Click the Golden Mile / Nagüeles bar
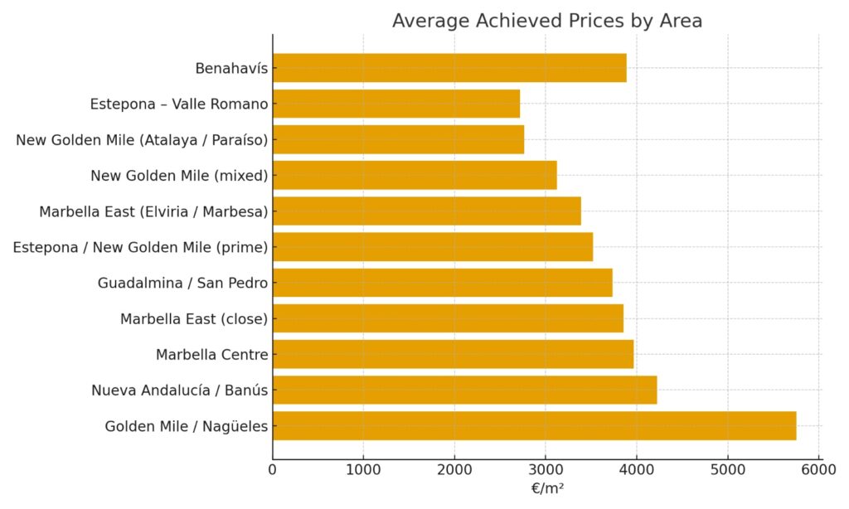click(534, 426)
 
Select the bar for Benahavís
click(449, 68)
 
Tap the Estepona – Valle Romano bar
click(396, 104)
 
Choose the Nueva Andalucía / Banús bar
click(464, 390)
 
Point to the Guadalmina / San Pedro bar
click(442, 283)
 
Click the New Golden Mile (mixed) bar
click(415, 175)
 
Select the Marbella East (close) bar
click(448, 318)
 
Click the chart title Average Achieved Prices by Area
click(546, 21)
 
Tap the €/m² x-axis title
click(547, 488)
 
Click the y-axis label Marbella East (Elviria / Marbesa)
click(153, 211)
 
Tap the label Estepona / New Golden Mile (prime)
click(140, 247)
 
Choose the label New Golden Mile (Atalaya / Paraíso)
click(142, 139)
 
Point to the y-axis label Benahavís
click(231, 68)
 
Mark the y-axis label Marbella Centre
click(211, 355)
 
